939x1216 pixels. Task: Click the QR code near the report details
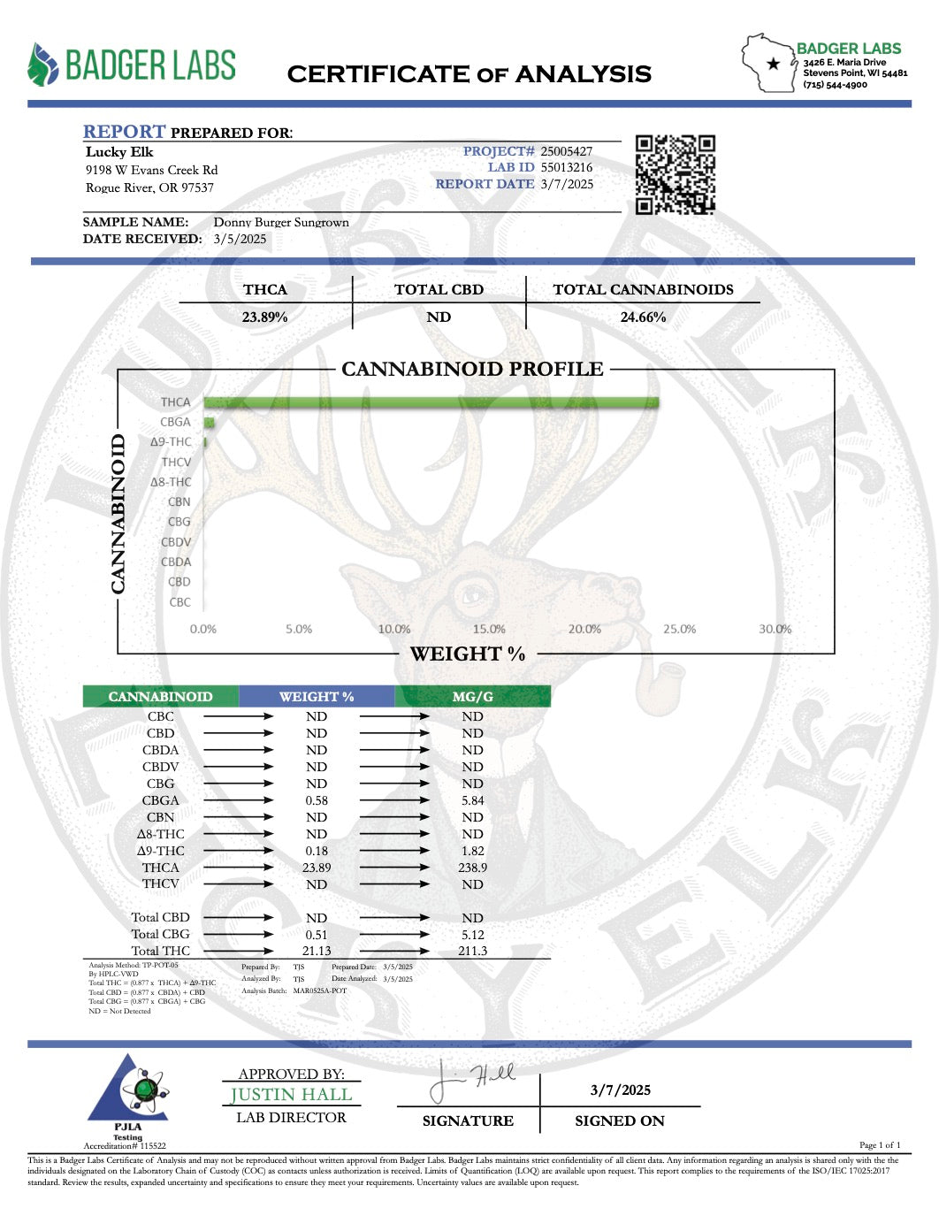(675, 174)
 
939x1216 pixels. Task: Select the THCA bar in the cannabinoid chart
(431, 402)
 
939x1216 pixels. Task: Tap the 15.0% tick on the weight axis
(489, 629)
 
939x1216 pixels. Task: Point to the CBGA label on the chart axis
(175, 422)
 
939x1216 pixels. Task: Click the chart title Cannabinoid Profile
(472, 369)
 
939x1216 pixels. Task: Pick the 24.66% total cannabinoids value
(643, 317)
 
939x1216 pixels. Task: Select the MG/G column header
(472, 697)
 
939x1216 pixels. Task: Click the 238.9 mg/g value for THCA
(472, 868)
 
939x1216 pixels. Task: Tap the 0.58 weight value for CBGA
(317, 800)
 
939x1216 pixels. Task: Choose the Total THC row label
(160, 951)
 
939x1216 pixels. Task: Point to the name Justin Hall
(291, 1095)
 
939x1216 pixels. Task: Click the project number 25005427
(566, 151)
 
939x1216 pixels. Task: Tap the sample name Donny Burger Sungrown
(281, 222)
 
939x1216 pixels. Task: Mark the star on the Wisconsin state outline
(774, 64)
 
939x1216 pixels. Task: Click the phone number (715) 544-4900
(835, 85)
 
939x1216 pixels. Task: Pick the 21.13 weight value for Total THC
(317, 951)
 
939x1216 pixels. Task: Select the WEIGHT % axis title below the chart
(467, 654)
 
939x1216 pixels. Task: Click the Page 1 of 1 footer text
(880, 1145)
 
